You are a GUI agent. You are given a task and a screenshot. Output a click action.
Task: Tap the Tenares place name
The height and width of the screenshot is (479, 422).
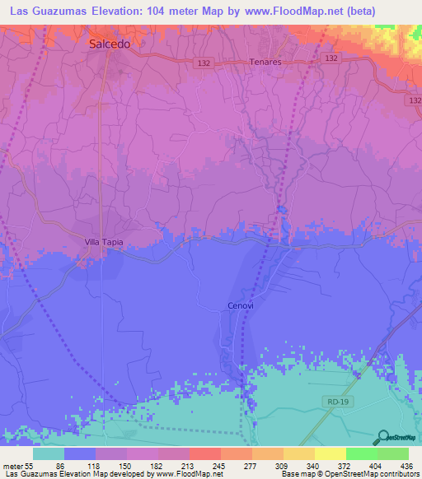(x=265, y=62)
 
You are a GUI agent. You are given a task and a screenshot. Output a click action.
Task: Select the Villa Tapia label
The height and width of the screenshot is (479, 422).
(x=103, y=242)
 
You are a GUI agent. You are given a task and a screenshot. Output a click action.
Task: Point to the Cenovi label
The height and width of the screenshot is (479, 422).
(x=240, y=305)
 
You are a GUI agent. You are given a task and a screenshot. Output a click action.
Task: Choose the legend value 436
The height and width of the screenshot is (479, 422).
(x=406, y=465)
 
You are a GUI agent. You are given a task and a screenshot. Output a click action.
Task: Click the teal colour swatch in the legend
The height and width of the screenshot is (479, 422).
(x=49, y=453)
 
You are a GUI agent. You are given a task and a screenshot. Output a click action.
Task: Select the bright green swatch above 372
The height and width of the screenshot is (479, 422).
(x=362, y=453)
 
